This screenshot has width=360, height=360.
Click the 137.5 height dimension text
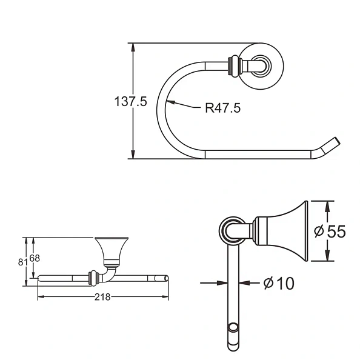click(131, 101)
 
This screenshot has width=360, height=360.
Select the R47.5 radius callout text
click(222, 108)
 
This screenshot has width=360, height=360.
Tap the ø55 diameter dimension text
click(330, 231)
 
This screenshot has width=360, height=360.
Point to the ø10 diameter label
click(279, 282)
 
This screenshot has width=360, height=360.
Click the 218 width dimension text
click(103, 297)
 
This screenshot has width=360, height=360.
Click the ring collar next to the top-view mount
click(232, 64)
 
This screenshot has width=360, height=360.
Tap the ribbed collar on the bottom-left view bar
click(93, 278)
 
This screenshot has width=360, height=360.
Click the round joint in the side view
click(232, 230)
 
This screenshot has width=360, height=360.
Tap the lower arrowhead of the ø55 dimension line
click(327, 257)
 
